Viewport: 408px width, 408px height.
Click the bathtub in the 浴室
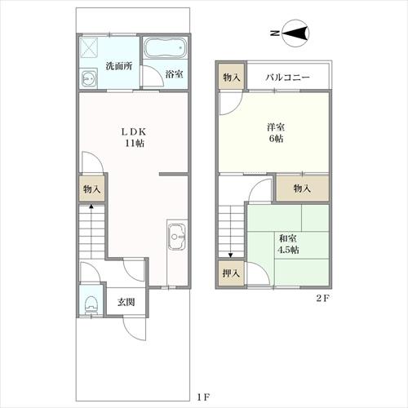click(165, 48)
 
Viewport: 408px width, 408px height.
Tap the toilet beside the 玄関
click(91, 304)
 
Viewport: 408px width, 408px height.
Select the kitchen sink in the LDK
click(177, 237)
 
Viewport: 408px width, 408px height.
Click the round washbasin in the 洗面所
click(89, 78)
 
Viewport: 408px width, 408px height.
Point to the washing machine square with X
click(89, 47)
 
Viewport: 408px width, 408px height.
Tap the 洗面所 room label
click(119, 66)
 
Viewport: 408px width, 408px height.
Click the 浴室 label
click(174, 74)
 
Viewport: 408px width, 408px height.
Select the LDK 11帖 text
click(134, 138)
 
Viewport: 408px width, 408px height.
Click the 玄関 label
click(126, 302)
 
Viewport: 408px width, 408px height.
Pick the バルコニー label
click(287, 78)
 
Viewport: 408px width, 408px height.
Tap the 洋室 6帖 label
click(276, 133)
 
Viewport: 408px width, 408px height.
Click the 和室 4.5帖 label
click(288, 244)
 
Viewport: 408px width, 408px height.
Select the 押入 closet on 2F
click(231, 273)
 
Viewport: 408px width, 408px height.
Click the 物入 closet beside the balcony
click(232, 77)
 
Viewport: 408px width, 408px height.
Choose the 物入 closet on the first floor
click(92, 188)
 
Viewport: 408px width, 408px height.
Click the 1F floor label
click(202, 397)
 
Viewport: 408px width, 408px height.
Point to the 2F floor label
click(323, 298)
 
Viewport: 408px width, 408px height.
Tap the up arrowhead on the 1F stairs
click(91, 206)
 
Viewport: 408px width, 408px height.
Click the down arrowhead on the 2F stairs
click(231, 255)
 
